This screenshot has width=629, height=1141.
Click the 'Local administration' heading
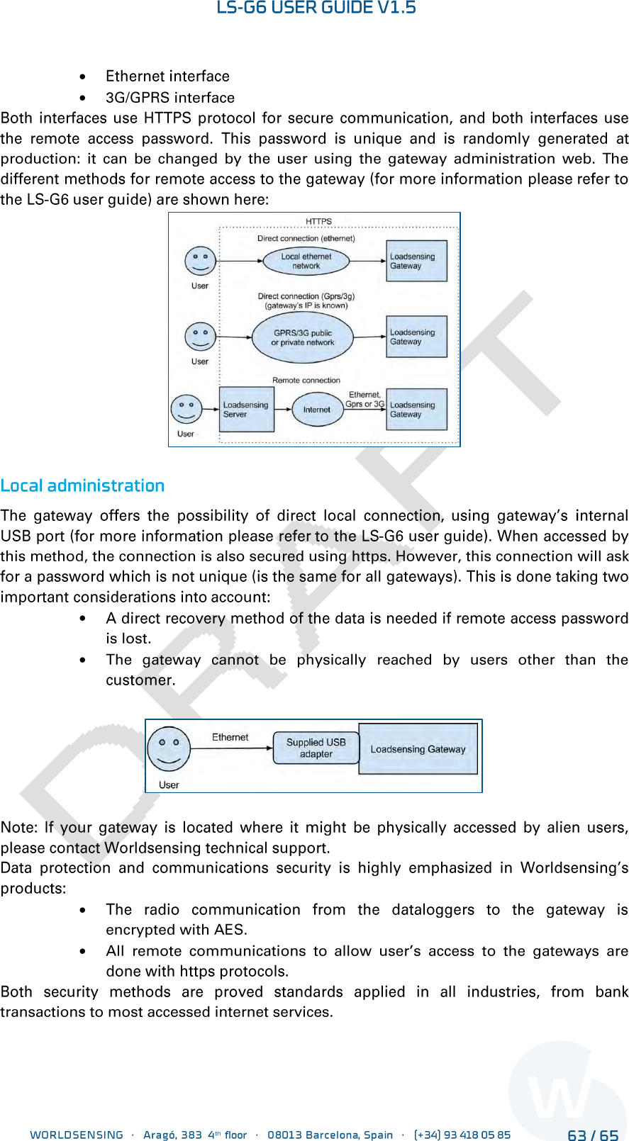coord(82,485)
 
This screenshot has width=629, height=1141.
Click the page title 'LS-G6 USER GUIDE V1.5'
coord(316,8)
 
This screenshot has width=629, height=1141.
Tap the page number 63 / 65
coord(593,1135)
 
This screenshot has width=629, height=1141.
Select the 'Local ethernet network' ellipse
coord(306,262)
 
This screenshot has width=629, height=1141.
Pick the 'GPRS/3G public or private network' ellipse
coord(303,337)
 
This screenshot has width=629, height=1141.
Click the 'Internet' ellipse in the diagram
coord(317,410)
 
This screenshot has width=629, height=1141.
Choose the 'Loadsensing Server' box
coord(246,410)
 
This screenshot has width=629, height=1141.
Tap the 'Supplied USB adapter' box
coord(316,748)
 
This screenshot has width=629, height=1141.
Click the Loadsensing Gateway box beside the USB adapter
coord(418,749)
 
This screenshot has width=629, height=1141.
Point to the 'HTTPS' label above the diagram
coord(318,221)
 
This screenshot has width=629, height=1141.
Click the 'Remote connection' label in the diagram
coord(306,381)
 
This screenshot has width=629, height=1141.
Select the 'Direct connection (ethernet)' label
coord(306,239)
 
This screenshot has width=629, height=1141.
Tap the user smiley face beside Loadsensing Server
coord(186,409)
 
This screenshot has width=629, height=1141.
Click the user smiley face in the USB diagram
coord(169,748)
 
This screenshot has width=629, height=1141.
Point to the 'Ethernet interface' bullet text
coord(167,77)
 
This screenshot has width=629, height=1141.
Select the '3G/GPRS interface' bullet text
coord(170,98)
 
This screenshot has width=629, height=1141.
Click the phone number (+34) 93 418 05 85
coord(462,1135)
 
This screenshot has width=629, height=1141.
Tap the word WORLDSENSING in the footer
coord(77,1135)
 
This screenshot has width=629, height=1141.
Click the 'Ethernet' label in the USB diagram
coord(230,737)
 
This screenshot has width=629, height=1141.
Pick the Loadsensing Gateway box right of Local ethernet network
coord(416,262)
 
